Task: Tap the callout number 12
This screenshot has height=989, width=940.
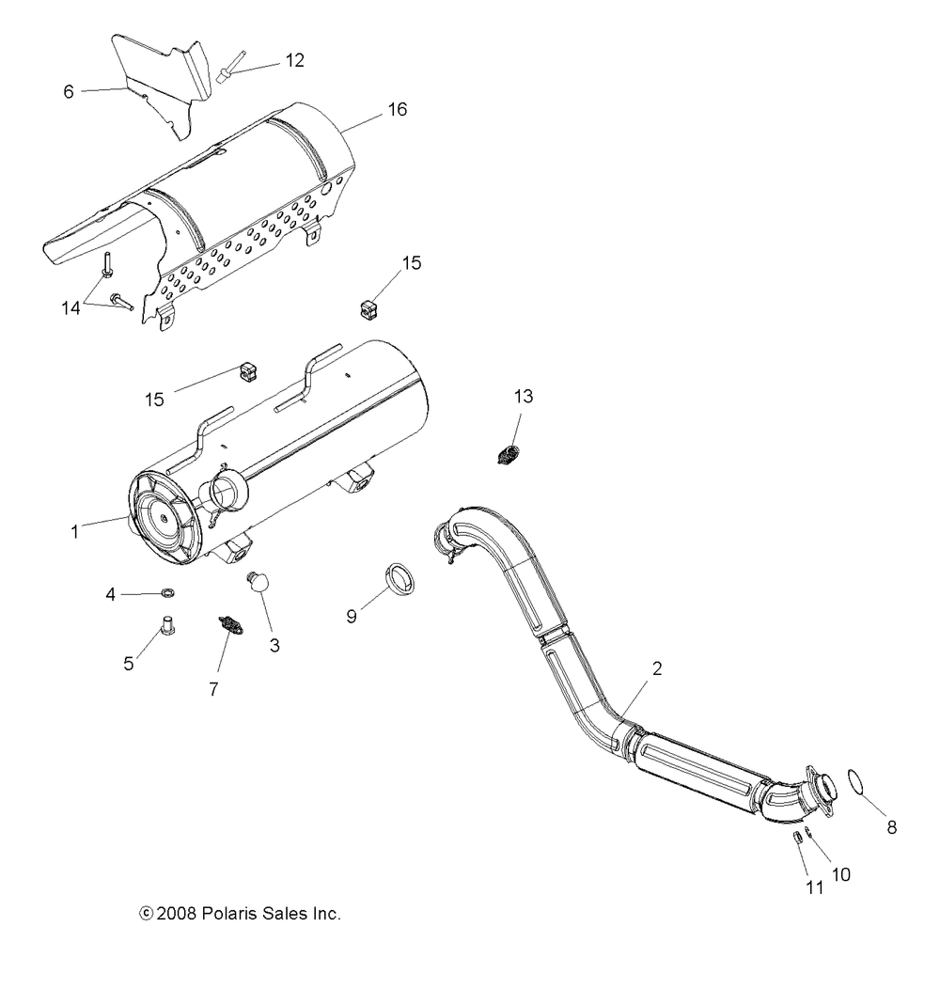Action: tap(294, 60)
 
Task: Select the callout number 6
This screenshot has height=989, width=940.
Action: tap(69, 91)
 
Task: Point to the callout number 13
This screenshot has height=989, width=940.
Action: tap(523, 397)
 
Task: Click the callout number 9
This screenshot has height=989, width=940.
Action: tap(352, 617)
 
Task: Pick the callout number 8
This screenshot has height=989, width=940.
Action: tap(892, 827)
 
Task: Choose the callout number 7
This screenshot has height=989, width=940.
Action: tap(213, 689)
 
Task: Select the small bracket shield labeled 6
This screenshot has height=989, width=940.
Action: tap(160, 89)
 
